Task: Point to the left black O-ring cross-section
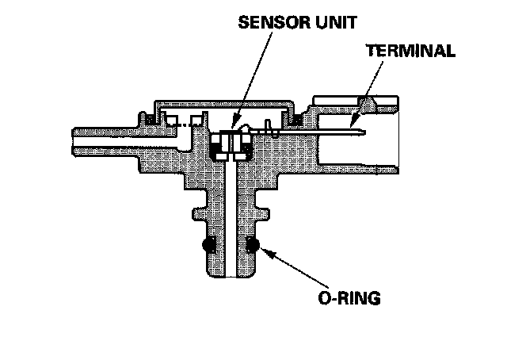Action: click(x=210, y=245)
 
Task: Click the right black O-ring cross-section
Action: click(x=253, y=245)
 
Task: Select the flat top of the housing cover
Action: click(x=222, y=101)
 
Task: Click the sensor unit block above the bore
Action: click(x=231, y=144)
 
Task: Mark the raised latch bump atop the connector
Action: click(x=366, y=101)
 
